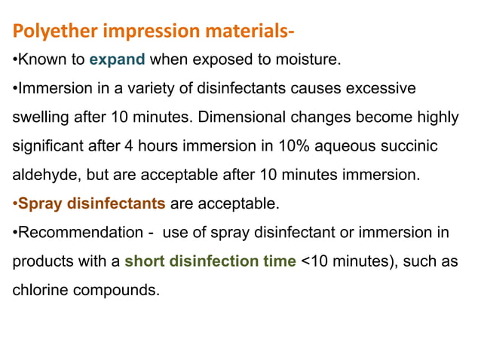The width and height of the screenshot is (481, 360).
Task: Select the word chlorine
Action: (39, 288)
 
